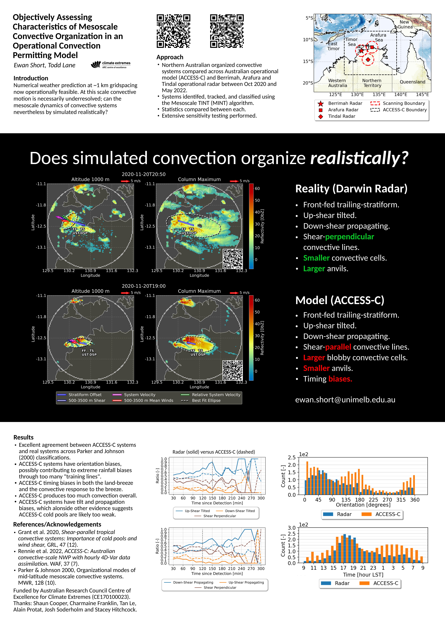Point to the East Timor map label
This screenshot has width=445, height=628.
point(333,46)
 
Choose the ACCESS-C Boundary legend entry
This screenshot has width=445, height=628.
point(399,110)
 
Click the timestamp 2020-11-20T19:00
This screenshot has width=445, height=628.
point(144,286)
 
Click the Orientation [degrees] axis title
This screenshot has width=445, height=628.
point(363,505)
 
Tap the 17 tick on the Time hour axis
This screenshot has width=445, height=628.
point(343,568)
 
